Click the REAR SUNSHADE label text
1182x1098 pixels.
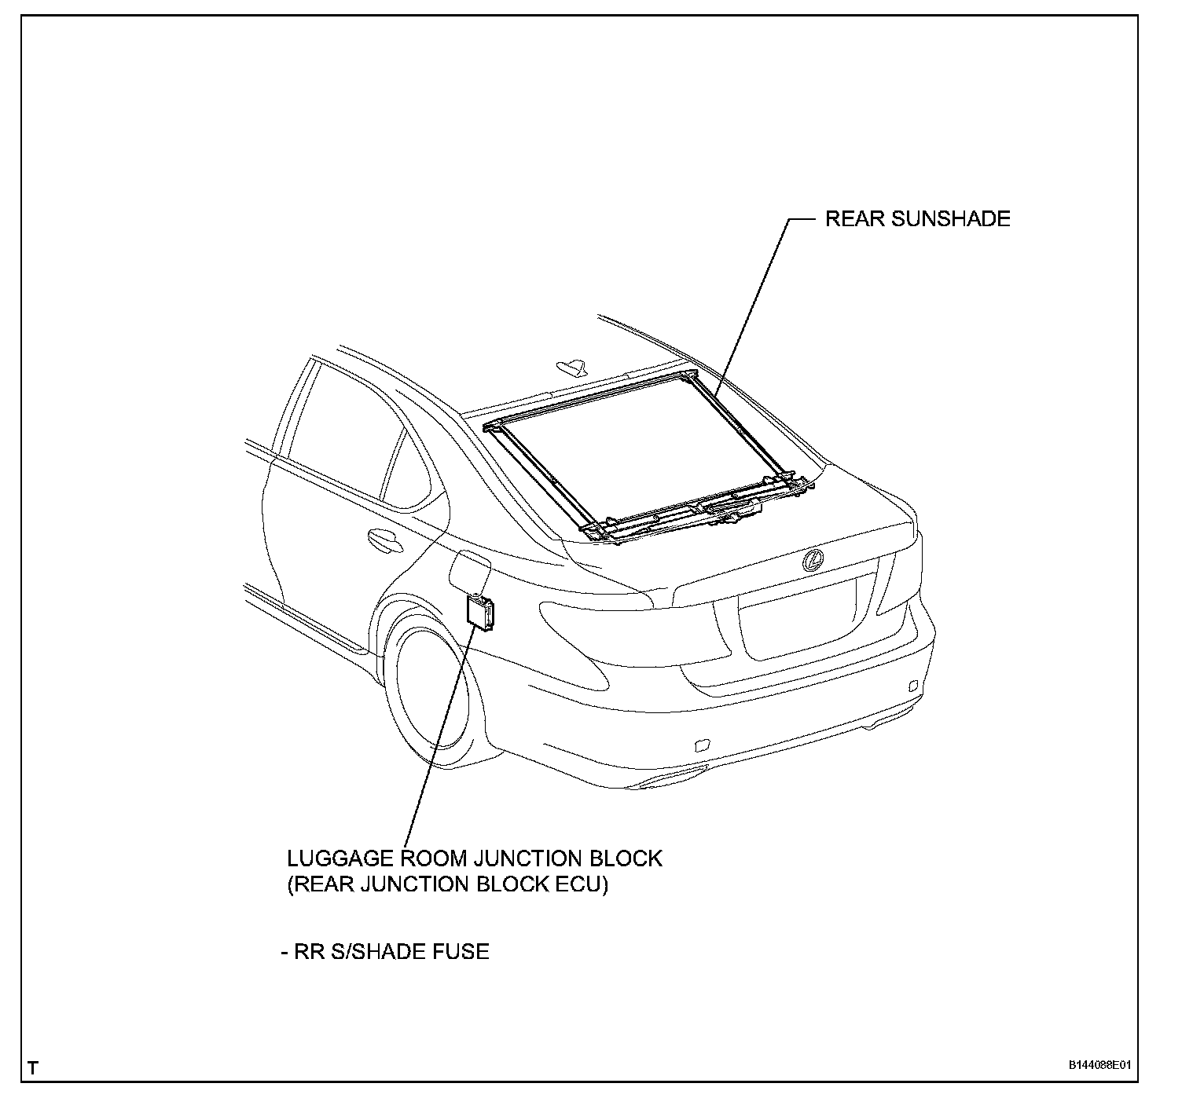[917, 218]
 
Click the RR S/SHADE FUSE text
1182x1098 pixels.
[385, 952]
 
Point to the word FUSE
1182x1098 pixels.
[461, 952]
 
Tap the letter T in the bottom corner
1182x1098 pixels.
[32, 1068]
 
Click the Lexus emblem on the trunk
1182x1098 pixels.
[813, 560]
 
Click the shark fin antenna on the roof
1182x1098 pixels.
[571, 365]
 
